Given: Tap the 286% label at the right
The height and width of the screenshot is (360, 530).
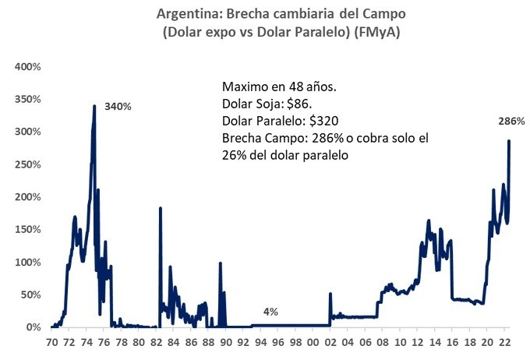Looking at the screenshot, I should click(511, 122).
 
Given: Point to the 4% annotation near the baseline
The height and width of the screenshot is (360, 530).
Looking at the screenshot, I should click(270, 312).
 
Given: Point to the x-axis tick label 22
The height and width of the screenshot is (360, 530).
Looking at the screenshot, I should click(505, 341).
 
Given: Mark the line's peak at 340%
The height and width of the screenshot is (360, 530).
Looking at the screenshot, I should click(94, 106).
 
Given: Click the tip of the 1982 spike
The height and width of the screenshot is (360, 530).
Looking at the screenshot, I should click(160, 208).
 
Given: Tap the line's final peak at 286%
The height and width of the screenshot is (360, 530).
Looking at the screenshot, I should click(509, 141).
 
